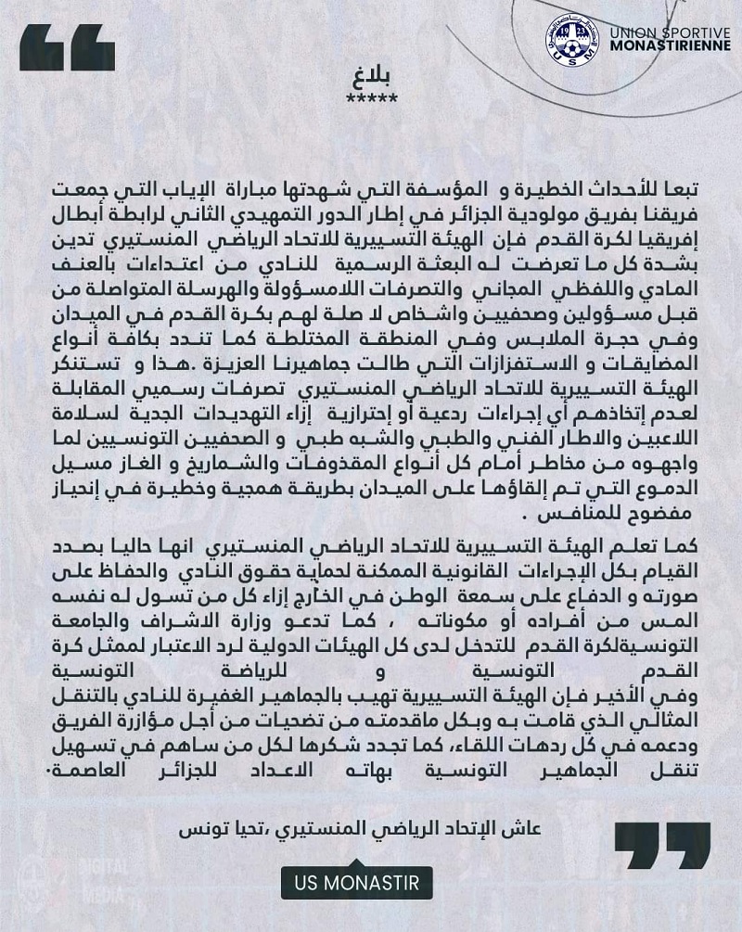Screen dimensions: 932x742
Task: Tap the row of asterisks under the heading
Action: (x=370, y=98)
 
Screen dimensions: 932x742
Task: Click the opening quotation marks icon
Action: (x=68, y=47)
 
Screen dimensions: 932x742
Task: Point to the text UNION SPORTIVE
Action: (x=670, y=33)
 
